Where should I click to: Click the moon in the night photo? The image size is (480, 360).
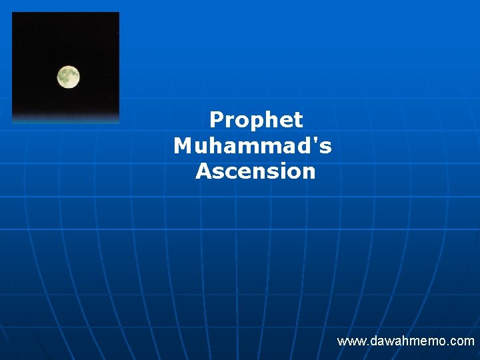tap(68, 77)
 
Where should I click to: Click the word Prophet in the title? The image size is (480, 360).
tap(256, 120)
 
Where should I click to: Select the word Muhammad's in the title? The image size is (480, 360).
tap(253, 145)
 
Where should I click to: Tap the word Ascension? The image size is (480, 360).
tap(255, 171)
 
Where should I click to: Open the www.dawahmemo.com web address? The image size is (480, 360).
tap(405, 341)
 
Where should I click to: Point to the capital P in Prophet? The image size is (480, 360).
tap(216, 120)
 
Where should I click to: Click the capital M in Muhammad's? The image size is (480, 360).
tap(182, 145)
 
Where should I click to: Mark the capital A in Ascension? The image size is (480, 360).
tap(203, 171)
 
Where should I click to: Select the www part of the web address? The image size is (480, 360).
tap(349, 341)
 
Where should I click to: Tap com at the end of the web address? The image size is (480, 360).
tap(462, 341)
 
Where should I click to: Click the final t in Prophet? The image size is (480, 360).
tap(299, 120)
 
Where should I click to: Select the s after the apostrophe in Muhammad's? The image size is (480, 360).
tap(325, 146)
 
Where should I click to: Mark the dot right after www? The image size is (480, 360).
tap(363, 345)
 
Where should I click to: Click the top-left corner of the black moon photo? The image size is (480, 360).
tap(13, 13)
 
